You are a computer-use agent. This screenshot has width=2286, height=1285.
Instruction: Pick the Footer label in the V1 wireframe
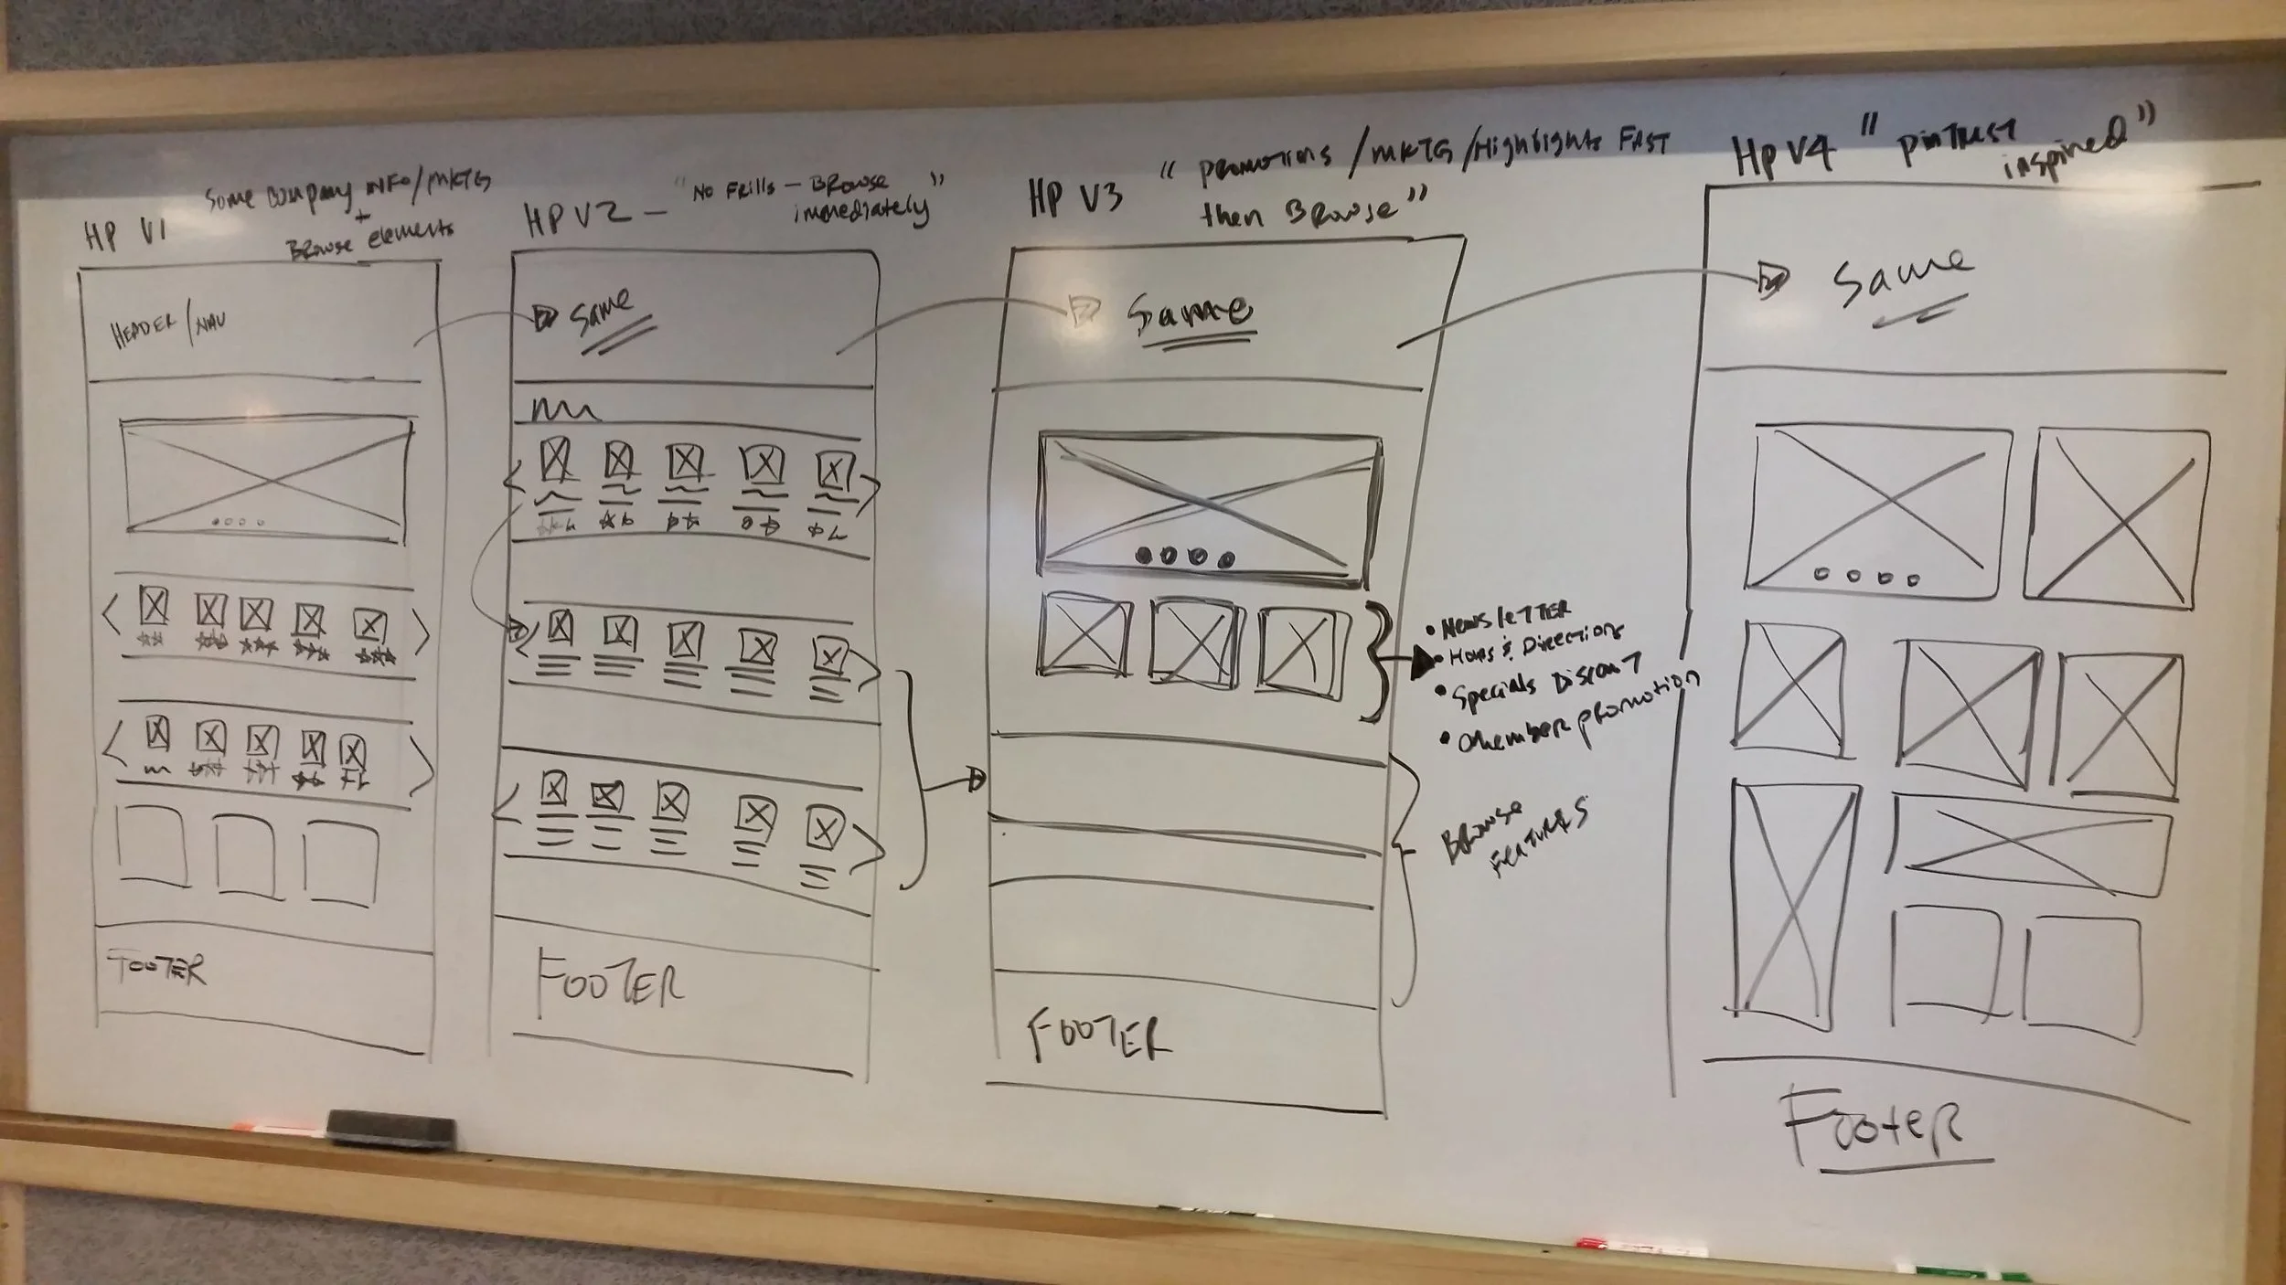click(156, 969)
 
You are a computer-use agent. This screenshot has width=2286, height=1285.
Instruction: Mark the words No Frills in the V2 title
click(731, 192)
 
